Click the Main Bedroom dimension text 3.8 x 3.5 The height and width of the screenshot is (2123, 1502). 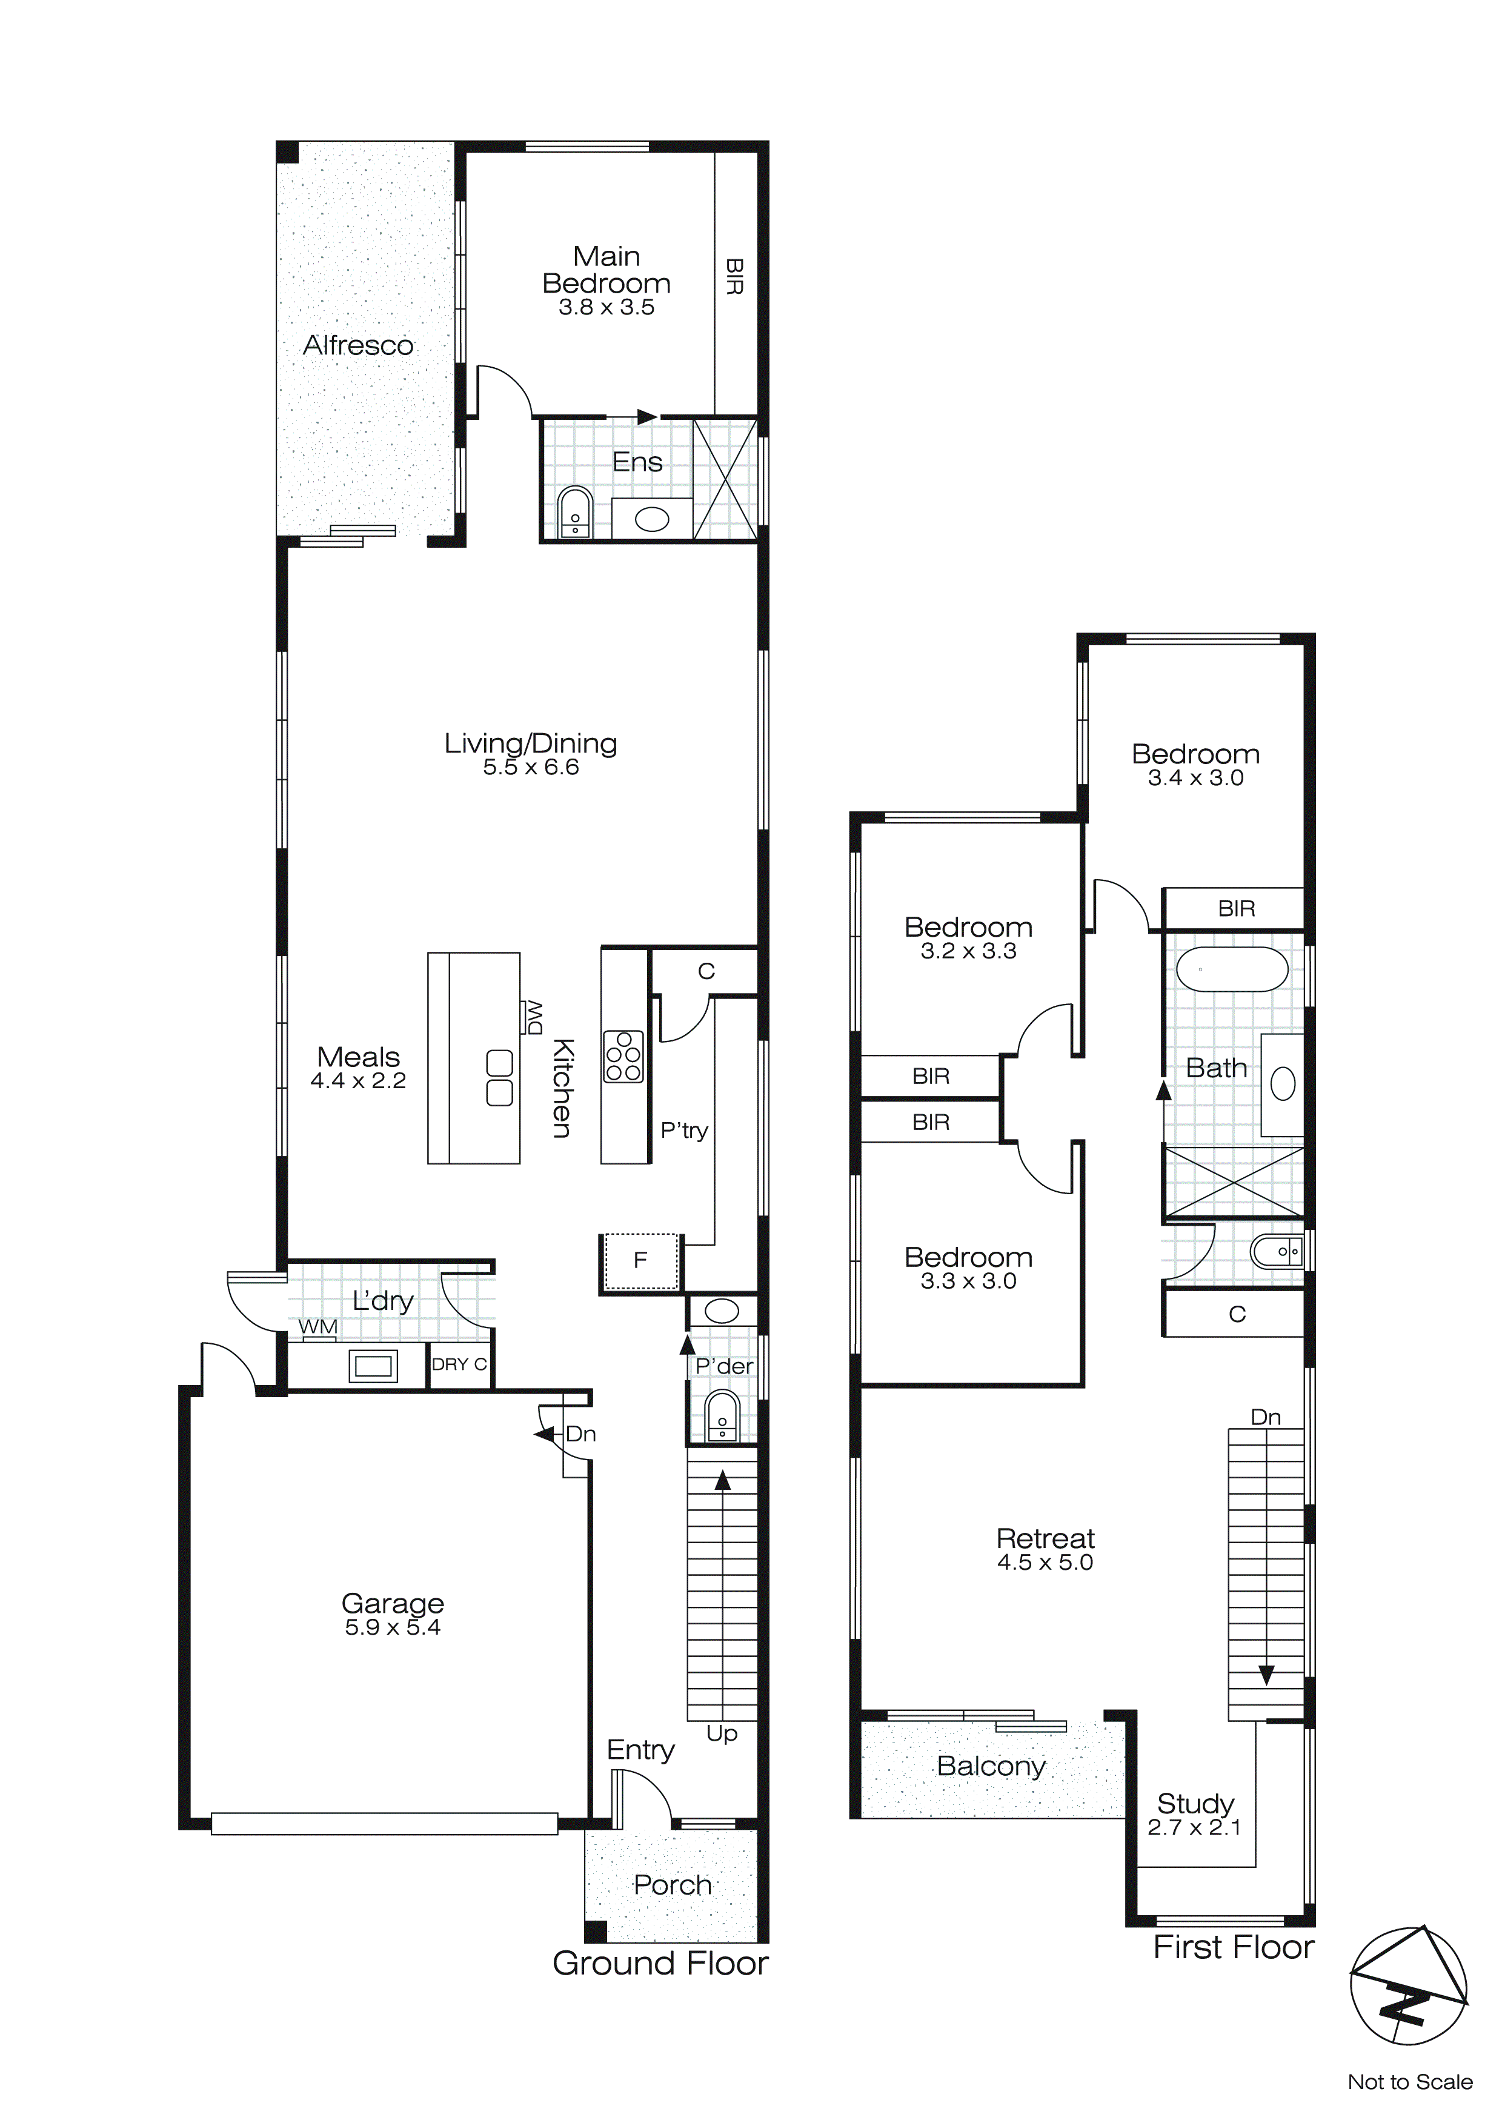606,308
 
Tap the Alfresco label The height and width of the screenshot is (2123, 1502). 358,346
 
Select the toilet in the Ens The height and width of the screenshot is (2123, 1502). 575,513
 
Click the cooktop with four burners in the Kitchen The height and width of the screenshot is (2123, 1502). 623,1056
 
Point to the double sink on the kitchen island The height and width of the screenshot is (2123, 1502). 499,1077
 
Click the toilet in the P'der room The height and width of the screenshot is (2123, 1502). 722,1418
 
